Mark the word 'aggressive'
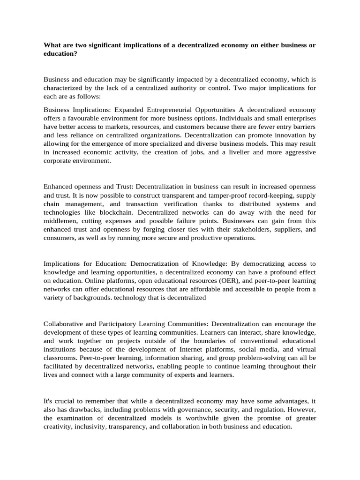297,152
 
